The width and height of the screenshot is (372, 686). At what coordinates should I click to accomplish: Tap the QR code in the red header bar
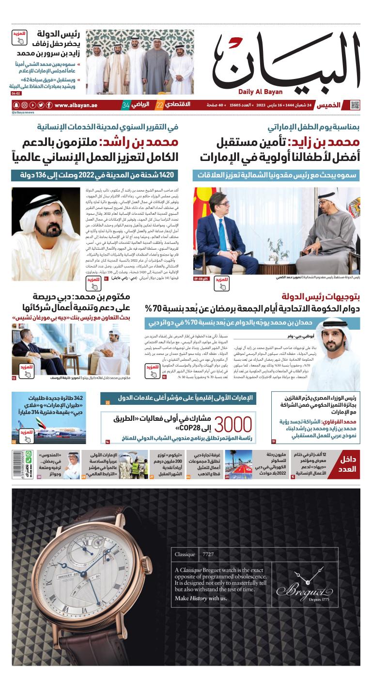click(355, 105)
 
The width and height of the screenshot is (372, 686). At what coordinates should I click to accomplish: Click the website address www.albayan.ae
click(75, 105)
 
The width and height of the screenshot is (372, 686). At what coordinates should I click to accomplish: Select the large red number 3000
click(232, 424)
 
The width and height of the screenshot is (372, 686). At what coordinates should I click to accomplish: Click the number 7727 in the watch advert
click(208, 554)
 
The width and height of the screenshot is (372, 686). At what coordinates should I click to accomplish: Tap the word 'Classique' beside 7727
click(185, 554)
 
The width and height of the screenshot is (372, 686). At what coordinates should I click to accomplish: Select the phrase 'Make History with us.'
click(201, 598)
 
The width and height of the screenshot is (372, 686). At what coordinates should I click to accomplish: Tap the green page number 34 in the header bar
click(125, 105)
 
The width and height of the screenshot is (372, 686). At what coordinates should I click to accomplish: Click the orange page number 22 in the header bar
click(159, 105)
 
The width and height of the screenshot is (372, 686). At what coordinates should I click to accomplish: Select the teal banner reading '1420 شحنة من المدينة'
click(95, 175)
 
